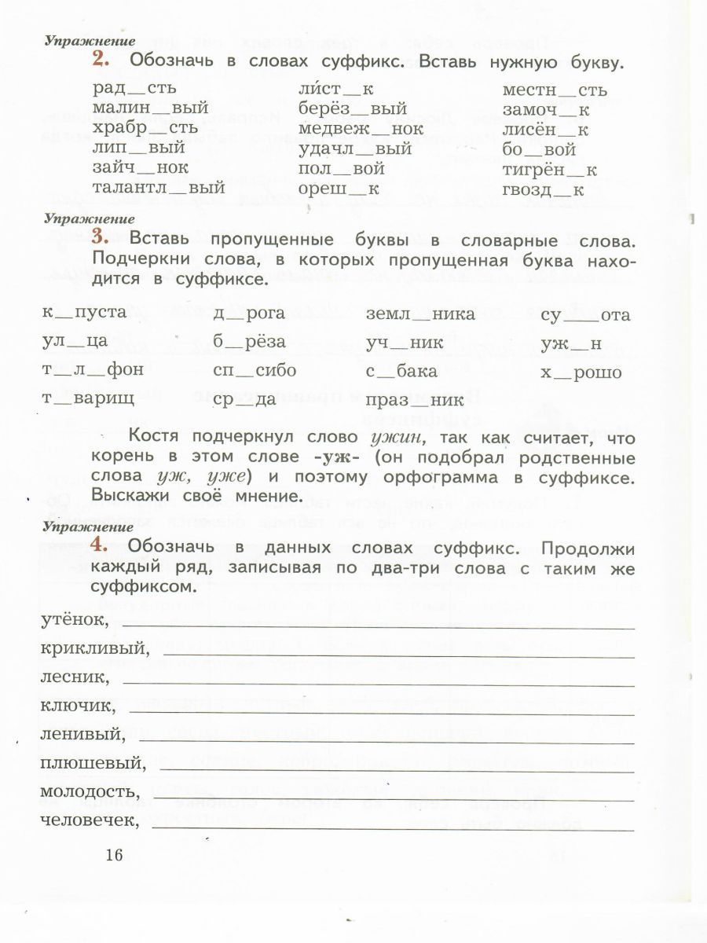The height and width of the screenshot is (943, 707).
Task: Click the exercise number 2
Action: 98,60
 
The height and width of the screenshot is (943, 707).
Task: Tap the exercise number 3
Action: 99,237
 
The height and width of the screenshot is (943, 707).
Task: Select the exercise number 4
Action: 98,545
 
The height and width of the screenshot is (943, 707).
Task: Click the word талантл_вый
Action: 159,188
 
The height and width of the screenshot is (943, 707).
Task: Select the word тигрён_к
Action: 550,169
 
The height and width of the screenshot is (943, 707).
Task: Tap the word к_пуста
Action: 84,313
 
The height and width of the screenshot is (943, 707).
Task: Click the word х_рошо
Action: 581,372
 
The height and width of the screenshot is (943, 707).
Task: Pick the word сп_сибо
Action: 255,371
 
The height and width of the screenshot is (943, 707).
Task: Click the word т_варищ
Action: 87,398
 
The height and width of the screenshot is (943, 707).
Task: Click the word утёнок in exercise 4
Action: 71,621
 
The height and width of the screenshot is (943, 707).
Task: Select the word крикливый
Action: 93,649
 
